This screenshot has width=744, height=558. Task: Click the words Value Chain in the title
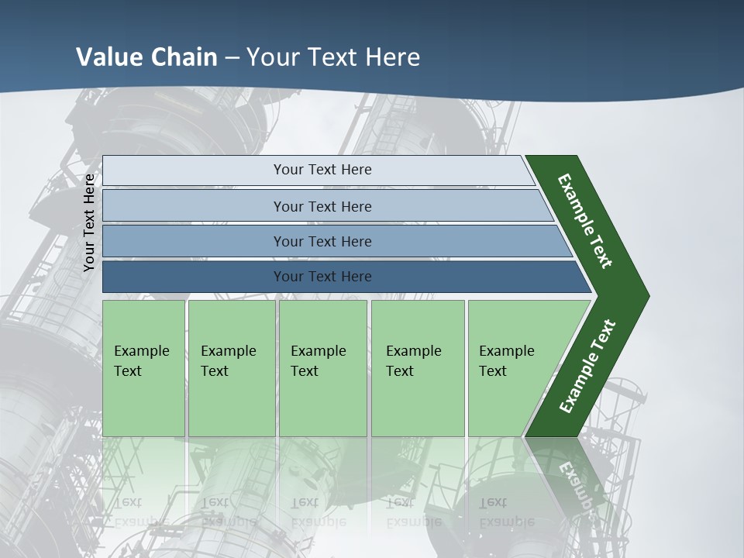point(146,57)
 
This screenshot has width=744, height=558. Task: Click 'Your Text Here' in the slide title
point(333,57)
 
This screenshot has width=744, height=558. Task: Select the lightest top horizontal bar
point(194,170)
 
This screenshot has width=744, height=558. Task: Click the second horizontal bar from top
point(194,206)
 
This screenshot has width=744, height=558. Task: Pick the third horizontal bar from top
point(194,241)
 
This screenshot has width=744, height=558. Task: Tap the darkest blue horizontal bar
point(194,277)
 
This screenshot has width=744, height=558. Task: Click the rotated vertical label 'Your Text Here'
point(90,222)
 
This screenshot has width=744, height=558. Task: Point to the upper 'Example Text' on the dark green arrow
point(585,221)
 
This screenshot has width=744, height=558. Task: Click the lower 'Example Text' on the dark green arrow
point(587,367)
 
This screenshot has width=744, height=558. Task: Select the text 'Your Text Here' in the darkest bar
point(322,277)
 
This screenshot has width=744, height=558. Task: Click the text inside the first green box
point(141,360)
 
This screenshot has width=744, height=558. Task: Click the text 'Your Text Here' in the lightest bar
point(322,170)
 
